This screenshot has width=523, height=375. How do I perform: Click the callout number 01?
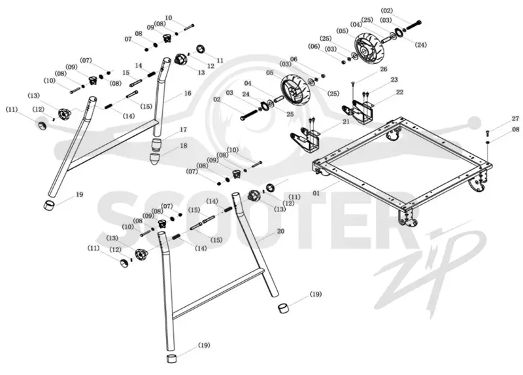[x=316, y=192]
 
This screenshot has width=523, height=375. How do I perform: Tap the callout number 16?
[x=188, y=93]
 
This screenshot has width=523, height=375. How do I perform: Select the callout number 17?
[x=183, y=129]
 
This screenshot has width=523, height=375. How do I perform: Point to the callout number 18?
[x=183, y=145]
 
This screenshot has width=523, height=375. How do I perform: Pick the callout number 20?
[x=280, y=231]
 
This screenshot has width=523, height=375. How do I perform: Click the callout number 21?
[x=346, y=122]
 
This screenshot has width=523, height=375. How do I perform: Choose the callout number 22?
[x=399, y=92]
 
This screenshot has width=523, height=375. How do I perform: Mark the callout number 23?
[x=394, y=79]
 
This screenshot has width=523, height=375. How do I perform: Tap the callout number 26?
[x=384, y=69]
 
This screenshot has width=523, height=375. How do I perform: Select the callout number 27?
[x=515, y=118]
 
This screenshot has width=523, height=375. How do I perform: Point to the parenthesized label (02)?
[x=386, y=10]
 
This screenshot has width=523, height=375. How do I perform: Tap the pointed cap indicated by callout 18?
[x=155, y=160]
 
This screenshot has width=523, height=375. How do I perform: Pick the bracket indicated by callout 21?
[x=305, y=141]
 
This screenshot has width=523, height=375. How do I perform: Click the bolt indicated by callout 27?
[x=487, y=134]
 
